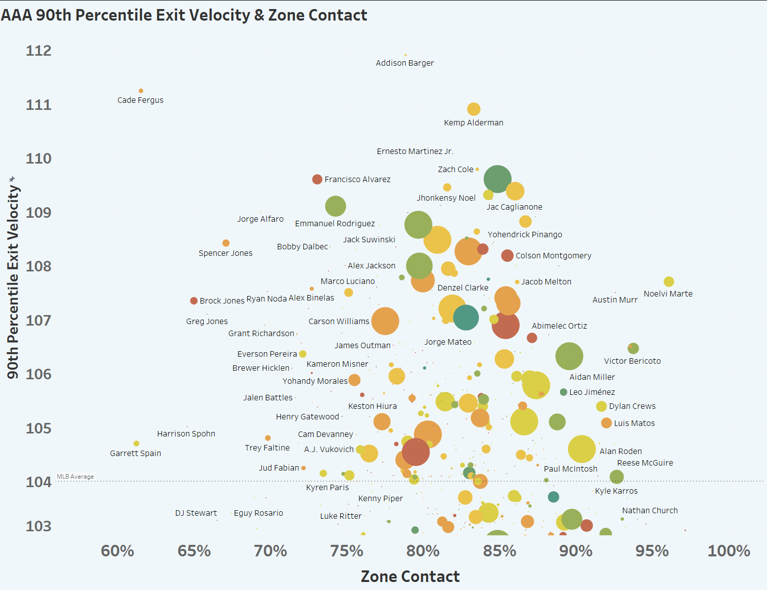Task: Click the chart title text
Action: click(x=184, y=15)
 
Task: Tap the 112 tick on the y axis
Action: click(x=39, y=51)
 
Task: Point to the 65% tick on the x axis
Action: click(x=194, y=551)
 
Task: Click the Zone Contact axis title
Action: click(x=410, y=576)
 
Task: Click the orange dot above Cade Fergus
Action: click(x=141, y=91)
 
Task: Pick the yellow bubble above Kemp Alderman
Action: click(x=474, y=109)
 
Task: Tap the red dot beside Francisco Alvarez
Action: click(x=317, y=179)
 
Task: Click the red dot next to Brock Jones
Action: click(x=194, y=301)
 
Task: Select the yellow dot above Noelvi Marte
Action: click(x=669, y=282)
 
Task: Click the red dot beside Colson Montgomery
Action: click(x=507, y=255)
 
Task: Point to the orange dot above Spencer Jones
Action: click(x=226, y=243)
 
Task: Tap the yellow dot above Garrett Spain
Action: click(x=136, y=444)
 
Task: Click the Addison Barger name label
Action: click(x=405, y=63)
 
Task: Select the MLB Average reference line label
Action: click(x=75, y=477)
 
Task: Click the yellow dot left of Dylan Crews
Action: click(x=601, y=406)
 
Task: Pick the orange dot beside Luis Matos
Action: click(x=606, y=423)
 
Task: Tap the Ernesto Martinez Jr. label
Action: click(x=415, y=151)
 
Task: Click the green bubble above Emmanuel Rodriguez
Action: click(x=336, y=206)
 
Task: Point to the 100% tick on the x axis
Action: click(x=728, y=551)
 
